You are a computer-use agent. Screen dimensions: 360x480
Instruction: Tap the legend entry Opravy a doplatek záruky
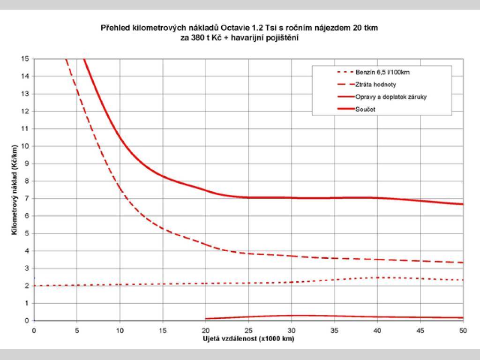(390, 97)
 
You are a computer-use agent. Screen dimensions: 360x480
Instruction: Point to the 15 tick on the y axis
(24, 59)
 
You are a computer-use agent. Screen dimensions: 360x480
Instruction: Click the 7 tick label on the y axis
(26, 198)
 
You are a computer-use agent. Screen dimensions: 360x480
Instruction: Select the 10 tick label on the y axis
(24, 146)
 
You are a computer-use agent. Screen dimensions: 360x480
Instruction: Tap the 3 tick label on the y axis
(26, 268)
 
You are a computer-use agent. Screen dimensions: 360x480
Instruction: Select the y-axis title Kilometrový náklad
(15, 189)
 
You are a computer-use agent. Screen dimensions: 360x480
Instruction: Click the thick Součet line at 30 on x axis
(292, 198)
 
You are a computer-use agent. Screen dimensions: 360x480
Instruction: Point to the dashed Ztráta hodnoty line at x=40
(377, 259)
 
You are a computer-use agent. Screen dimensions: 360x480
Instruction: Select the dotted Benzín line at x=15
(163, 284)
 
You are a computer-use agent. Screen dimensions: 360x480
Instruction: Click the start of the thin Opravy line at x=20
(206, 319)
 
